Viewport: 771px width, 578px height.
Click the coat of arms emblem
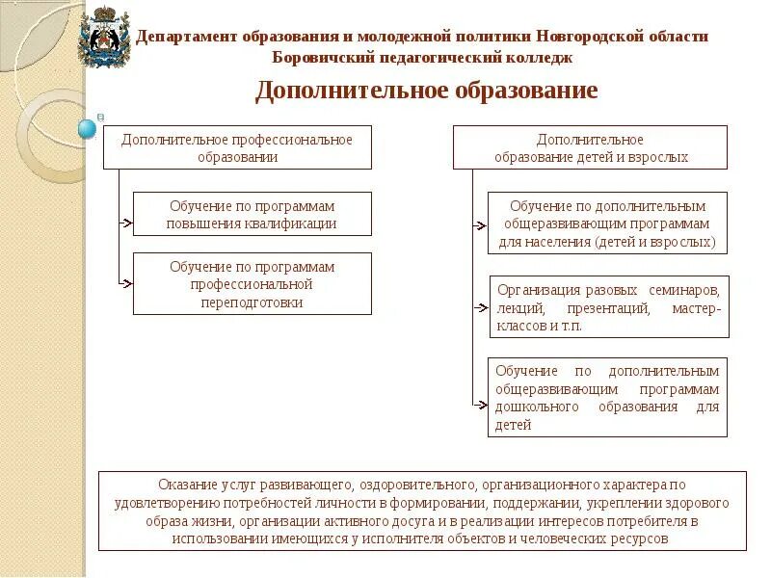point(103,38)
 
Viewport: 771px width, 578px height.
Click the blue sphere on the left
point(87,128)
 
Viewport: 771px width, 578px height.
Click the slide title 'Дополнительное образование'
point(426,91)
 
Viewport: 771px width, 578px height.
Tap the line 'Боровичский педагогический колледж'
point(423,58)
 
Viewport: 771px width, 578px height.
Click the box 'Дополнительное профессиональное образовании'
point(237,147)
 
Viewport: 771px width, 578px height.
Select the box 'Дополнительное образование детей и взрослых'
point(591,147)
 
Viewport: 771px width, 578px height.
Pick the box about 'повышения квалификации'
point(252,214)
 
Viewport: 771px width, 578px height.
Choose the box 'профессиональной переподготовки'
point(252,283)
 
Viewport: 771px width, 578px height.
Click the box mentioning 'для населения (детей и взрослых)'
point(607,223)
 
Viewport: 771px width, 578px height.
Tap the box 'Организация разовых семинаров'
point(607,306)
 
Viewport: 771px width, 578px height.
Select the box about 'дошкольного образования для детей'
point(607,397)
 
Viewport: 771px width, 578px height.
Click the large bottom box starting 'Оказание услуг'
point(422,511)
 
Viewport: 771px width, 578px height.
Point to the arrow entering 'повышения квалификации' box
point(125,223)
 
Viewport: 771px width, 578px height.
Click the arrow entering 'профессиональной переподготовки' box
point(125,283)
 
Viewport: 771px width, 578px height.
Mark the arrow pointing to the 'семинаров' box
point(480,308)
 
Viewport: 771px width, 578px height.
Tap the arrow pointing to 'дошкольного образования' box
point(480,407)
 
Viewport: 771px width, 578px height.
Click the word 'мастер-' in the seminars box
point(696,309)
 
